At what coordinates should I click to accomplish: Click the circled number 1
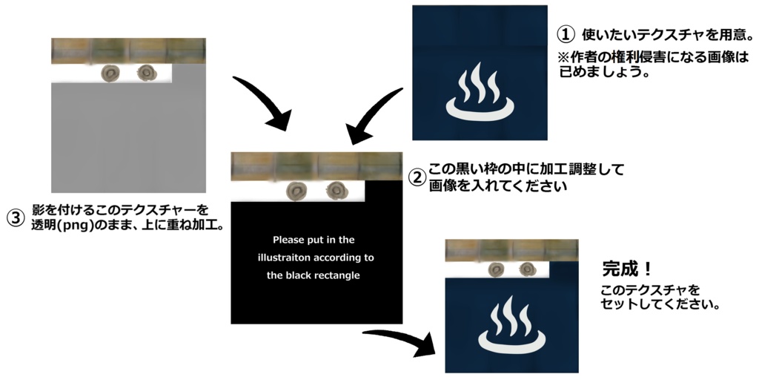[566, 34]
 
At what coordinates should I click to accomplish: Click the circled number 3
[16, 217]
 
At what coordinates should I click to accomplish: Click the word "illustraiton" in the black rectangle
[280, 258]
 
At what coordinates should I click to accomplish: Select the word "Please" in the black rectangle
[288, 240]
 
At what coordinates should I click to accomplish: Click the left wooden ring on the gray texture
[112, 73]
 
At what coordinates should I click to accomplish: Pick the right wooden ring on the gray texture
[146, 73]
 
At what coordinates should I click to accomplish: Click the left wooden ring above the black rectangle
[298, 190]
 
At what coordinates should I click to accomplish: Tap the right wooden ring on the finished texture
[527, 269]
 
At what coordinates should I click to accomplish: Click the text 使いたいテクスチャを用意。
[668, 34]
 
